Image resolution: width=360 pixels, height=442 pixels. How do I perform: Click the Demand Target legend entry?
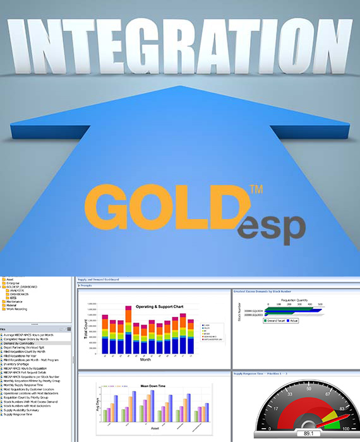277,320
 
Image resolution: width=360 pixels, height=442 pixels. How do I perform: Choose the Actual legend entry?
300,320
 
